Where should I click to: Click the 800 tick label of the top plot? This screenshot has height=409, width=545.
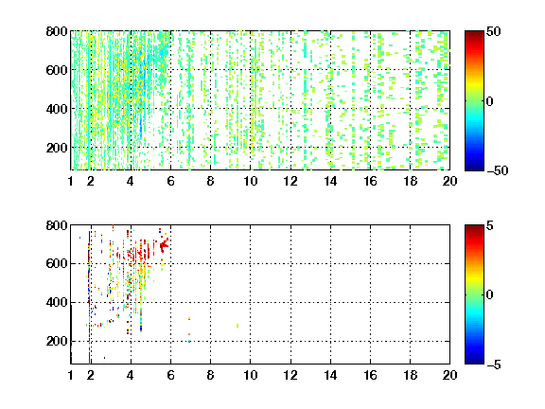pos(57,31)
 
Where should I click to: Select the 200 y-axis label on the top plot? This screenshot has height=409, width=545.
pos(57,148)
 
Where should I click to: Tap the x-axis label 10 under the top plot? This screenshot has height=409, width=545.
pos(250,181)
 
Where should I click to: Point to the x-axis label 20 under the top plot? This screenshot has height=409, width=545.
pos(449,181)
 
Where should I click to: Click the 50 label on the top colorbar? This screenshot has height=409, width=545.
pos(494,31)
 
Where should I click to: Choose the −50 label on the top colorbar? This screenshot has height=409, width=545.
pos(498,170)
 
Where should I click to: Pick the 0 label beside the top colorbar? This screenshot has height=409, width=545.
pos(490,101)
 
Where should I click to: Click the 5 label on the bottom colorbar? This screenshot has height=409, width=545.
pos(490,225)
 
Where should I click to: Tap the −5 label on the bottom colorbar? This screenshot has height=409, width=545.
pos(494,365)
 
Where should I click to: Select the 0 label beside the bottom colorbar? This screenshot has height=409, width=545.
pos(490,295)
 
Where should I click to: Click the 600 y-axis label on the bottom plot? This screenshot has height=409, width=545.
pos(57,263)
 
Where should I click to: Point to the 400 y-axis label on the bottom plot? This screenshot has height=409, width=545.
pos(57,303)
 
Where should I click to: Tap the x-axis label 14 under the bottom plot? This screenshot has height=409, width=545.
pos(330,375)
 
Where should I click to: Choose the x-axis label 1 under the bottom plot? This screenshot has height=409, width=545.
pos(71,375)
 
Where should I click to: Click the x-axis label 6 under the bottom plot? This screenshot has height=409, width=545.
pos(170,375)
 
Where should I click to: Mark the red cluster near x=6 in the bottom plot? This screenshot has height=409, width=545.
pos(164,244)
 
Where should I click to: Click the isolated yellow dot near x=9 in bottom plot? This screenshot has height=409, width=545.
pos(237,326)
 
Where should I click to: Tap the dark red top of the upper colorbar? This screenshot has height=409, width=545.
pos(474,34)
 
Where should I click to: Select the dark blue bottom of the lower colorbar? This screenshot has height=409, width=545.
pos(474,361)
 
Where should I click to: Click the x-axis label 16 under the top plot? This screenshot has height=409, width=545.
pos(370,181)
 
